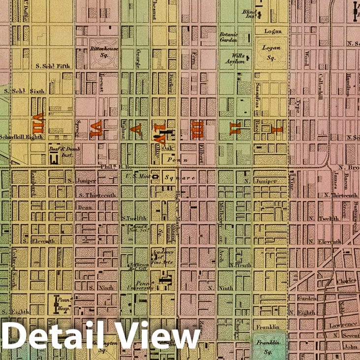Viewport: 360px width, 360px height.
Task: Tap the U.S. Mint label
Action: [137, 174]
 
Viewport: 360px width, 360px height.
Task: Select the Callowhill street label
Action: [320, 87]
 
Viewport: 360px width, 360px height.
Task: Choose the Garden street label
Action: [305, 298]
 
